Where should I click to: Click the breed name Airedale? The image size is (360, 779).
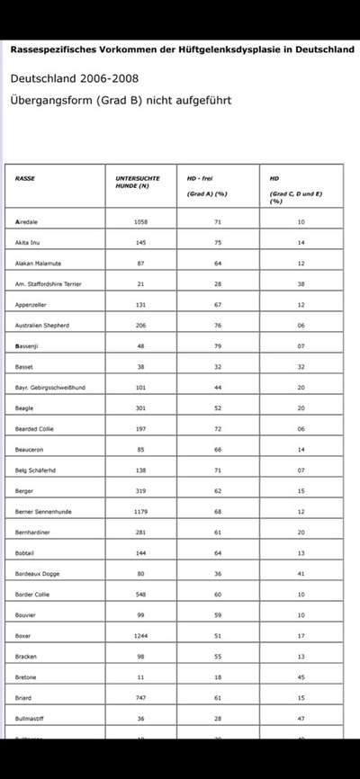[27, 221]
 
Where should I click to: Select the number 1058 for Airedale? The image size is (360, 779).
[140, 221]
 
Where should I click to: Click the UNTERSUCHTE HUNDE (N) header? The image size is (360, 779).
[139, 182]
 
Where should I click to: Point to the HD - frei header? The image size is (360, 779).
[200, 178]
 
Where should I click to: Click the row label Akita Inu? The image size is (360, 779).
[30, 242]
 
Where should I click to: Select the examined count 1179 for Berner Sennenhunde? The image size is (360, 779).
[140, 511]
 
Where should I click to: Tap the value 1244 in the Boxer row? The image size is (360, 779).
[140, 636]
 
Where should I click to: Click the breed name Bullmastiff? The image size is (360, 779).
[31, 719]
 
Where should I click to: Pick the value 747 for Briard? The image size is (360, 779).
[140, 698]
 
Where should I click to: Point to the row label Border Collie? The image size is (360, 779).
[35, 595]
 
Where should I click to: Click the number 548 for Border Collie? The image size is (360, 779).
[140, 595]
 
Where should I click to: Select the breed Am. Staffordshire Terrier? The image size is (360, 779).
[49, 283]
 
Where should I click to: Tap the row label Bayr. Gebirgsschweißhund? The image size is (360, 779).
[50, 388]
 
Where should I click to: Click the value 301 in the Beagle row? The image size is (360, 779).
[140, 407]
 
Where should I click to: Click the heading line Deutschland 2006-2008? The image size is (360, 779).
[74, 79]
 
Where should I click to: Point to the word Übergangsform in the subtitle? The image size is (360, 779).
[53, 100]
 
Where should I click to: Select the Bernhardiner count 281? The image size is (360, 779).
[140, 533]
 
